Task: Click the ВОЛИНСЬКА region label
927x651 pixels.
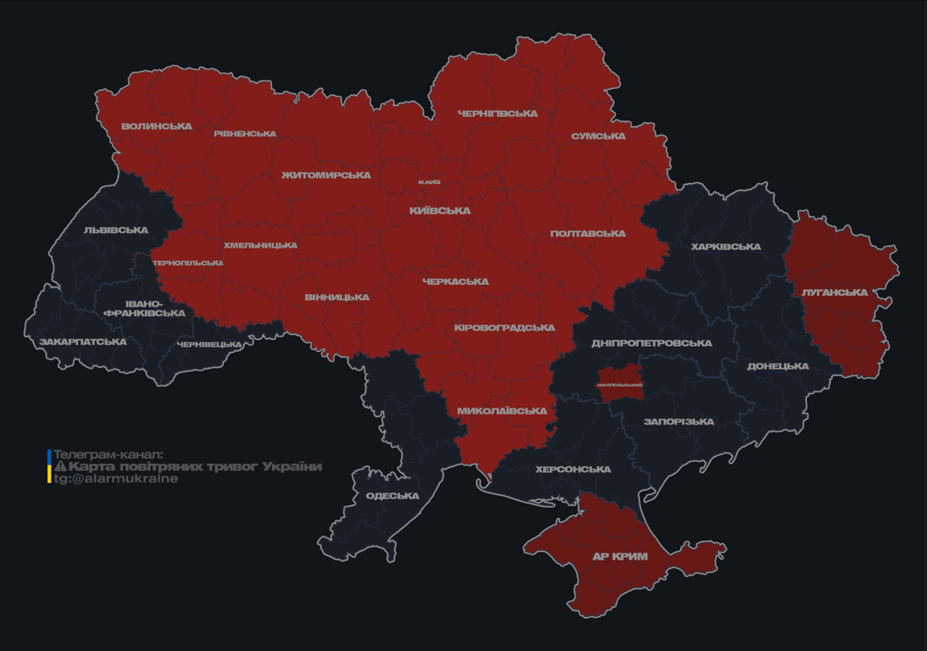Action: (x=157, y=126)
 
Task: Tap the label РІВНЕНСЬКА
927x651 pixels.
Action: (x=245, y=134)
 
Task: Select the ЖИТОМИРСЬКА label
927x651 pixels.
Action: (x=326, y=175)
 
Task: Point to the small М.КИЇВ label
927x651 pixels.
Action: (x=429, y=182)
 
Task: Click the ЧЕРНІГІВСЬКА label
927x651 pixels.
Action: (x=497, y=114)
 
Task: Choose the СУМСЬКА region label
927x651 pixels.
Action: (x=598, y=136)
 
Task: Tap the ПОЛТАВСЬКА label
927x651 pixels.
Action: (x=588, y=234)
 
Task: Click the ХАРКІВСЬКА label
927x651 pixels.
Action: (x=725, y=248)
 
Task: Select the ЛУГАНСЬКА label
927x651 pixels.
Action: (x=835, y=292)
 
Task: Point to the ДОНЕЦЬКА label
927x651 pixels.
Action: (x=778, y=367)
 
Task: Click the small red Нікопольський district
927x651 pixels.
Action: (x=619, y=384)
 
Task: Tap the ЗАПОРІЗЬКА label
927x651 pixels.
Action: (x=679, y=422)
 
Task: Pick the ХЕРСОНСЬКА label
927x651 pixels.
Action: (x=573, y=470)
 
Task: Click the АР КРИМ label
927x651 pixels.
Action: (x=620, y=557)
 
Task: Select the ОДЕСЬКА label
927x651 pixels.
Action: (x=392, y=496)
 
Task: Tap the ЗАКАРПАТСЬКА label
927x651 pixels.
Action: (x=83, y=342)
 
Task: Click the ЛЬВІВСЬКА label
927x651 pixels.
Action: (x=116, y=231)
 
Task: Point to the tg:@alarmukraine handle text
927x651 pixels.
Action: (x=116, y=479)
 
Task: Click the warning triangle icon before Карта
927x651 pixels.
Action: (x=60, y=467)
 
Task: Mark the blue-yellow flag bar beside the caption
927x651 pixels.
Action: (x=49, y=467)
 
